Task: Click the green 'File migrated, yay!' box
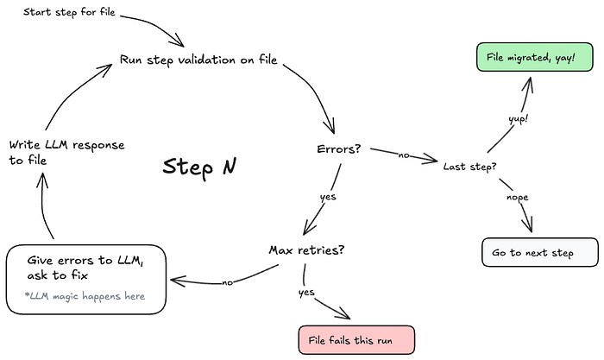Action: click(535, 57)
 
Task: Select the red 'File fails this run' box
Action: click(356, 340)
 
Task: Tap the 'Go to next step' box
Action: click(540, 252)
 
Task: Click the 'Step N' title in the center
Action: click(199, 167)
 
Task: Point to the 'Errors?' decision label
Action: click(338, 148)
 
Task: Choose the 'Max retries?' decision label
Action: click(306, 250)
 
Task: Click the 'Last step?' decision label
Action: click(469, 167)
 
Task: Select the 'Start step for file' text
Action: click(69, 12)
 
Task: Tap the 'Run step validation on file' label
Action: click(198, 60)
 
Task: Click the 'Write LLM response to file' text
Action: click(66, 152)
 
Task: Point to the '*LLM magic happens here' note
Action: click(85, 296)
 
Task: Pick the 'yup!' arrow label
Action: click(518, 119)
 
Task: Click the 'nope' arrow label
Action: click(518, 198)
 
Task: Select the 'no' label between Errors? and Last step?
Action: click(404, 155)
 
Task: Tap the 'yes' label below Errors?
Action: click(328, 197)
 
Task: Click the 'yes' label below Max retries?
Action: click(306, 293)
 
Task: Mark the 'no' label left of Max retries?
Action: click(227, 283)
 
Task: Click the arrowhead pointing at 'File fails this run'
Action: click(345, 314)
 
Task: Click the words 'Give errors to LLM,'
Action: click(85, 261)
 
